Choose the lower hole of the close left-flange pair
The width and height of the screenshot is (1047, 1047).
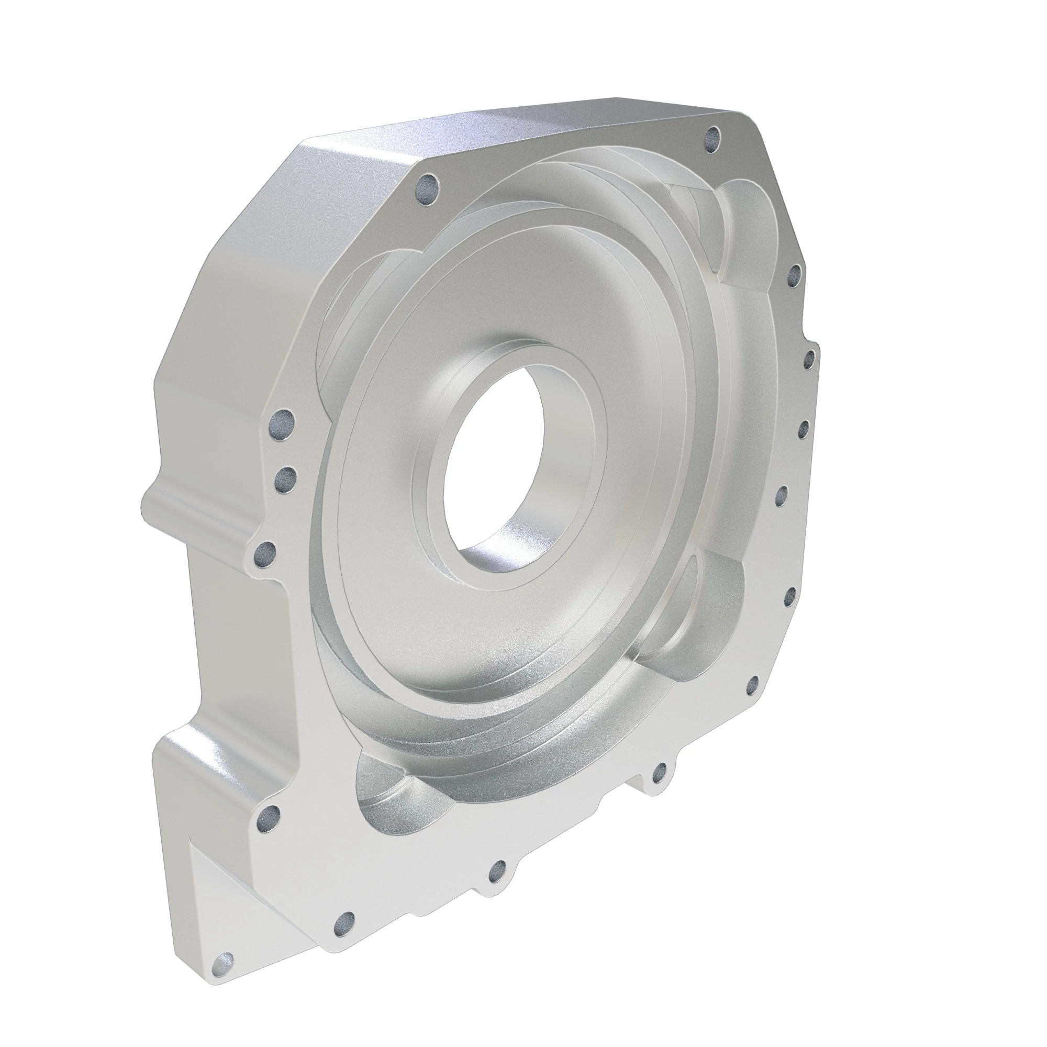tap(284, 477)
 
